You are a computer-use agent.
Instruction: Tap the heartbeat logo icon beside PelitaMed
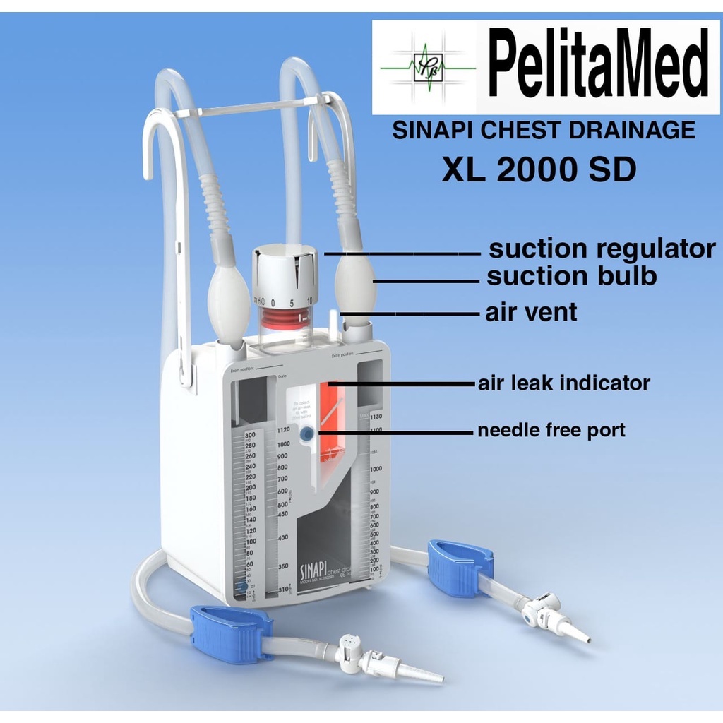tap(427, 67)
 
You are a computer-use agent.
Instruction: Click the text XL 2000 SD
tap(539, 170)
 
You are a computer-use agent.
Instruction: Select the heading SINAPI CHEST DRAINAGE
tap(544, 131)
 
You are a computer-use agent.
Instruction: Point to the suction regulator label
tap(602, 249)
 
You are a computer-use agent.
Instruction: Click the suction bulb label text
tap(571, 277)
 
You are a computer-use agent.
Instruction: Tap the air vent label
tap(531, 312)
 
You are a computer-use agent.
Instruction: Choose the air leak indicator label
tap(563, 383)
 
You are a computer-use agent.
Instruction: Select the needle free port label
tap(551, 430)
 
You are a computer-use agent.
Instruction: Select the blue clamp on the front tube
tap(231, 633)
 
